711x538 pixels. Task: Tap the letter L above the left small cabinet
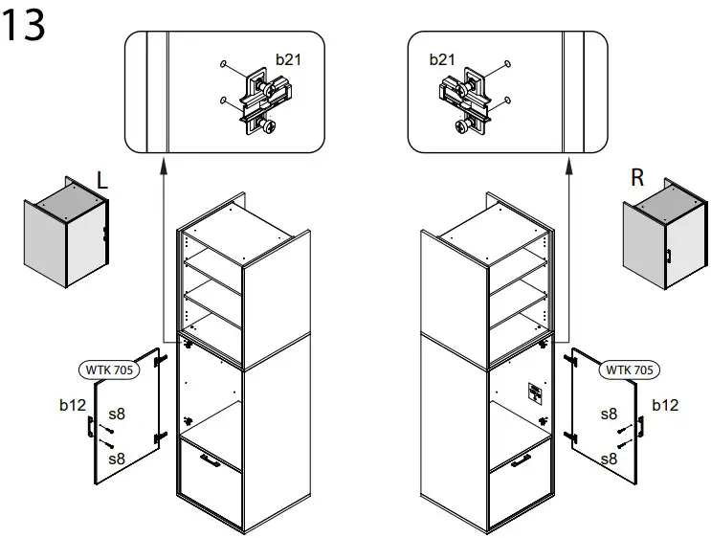tap(103, 179)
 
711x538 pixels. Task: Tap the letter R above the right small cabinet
tap(637, 177)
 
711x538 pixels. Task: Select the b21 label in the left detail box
tap(288, 59)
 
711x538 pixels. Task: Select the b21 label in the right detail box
tap(441, 59)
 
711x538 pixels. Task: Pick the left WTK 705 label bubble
tap(107, 370)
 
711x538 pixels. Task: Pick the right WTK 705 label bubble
tap(629, 370)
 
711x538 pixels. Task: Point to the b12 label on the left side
tap(73, 406)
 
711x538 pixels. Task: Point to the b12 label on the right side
tap(664, 406)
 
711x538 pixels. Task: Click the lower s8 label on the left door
tap(116, 459)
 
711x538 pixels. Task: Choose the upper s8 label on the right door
tap(609, 415)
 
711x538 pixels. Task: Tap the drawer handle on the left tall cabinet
tap(210, 462)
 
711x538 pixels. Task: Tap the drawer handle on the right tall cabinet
tap(522, 462)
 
